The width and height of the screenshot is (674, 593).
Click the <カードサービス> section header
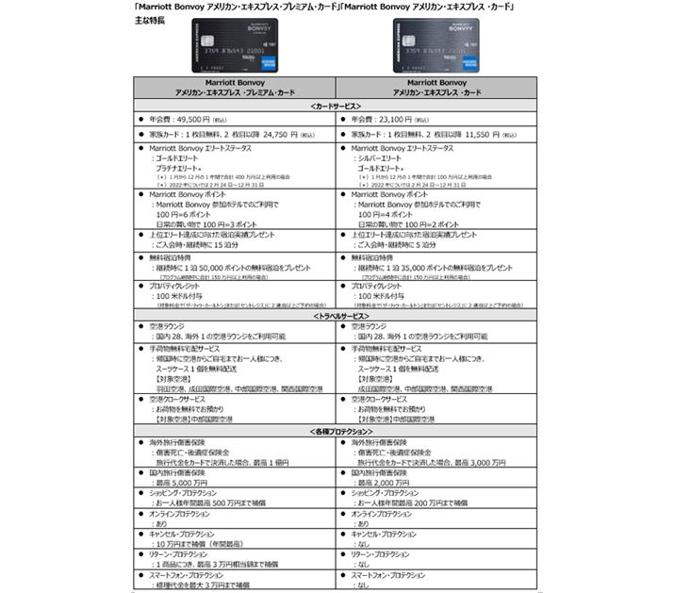[x=337, y=106]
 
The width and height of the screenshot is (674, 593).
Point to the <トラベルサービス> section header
[x=337, y=317]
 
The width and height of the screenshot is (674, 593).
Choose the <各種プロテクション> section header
[x=337, y=431]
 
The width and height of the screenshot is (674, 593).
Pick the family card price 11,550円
[x=481, y=135]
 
